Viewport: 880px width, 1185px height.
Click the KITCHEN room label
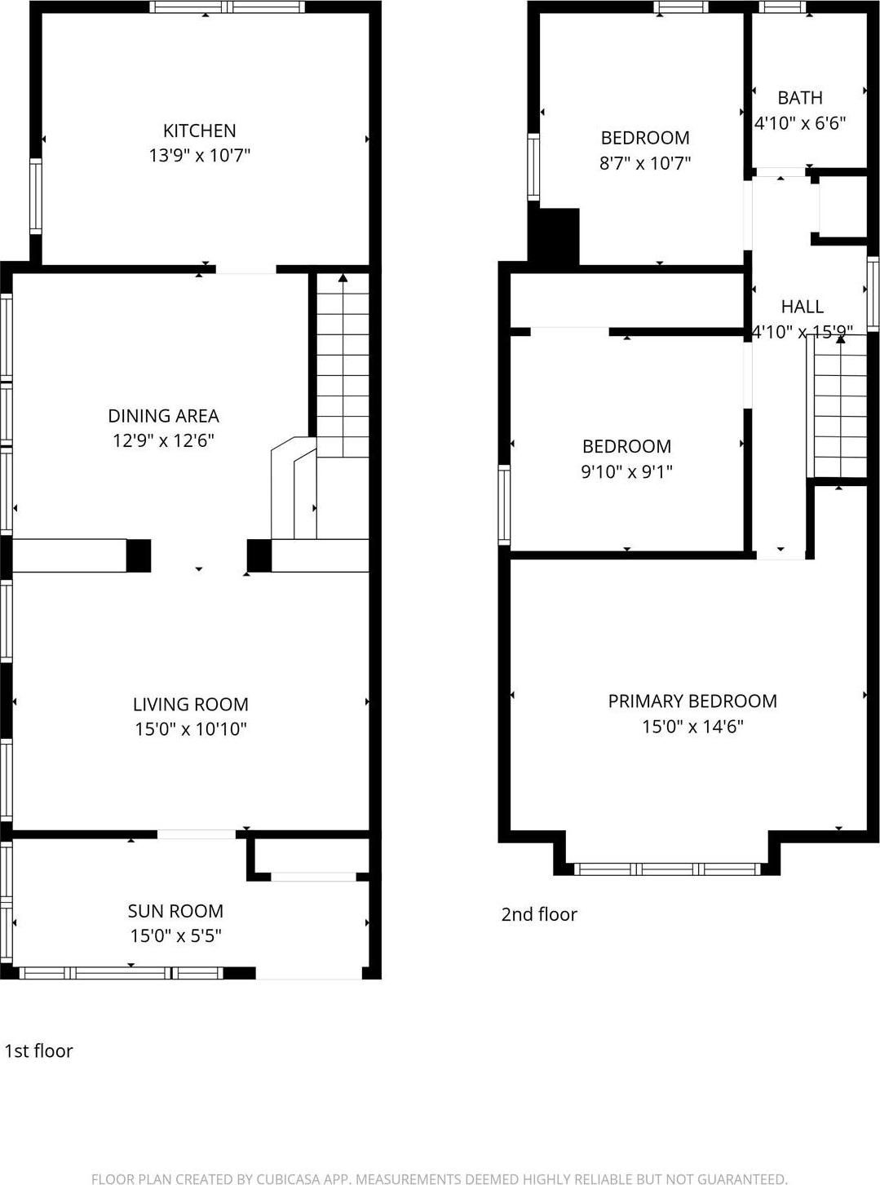coord(199,130)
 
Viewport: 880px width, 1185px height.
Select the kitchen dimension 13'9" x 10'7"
coord(199,155)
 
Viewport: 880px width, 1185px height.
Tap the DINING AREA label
coord(163,416)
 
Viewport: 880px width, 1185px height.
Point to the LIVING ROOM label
coord(190,705)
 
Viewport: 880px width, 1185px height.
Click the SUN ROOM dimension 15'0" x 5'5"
coord(175,935)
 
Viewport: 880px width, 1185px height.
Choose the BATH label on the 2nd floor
coord(799,98)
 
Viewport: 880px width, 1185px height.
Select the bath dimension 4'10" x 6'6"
coord(799,123)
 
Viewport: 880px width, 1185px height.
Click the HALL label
coord(802,307)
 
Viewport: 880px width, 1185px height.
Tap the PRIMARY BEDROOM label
coord(692,701)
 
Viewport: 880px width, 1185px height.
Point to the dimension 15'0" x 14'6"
coord(692,727)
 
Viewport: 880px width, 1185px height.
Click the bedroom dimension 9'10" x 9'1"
coord(626,471)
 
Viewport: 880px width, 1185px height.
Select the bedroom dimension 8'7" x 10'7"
coord(644,163)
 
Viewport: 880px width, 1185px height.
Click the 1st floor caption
coord(38,1051)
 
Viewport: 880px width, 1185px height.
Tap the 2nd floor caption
coord(538,914)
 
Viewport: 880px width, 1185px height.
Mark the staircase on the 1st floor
coord(343,367)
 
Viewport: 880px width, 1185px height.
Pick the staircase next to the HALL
coord(839,408)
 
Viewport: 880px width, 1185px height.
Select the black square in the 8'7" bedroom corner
coord(555,236)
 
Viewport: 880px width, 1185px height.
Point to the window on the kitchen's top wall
coord(228,7)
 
